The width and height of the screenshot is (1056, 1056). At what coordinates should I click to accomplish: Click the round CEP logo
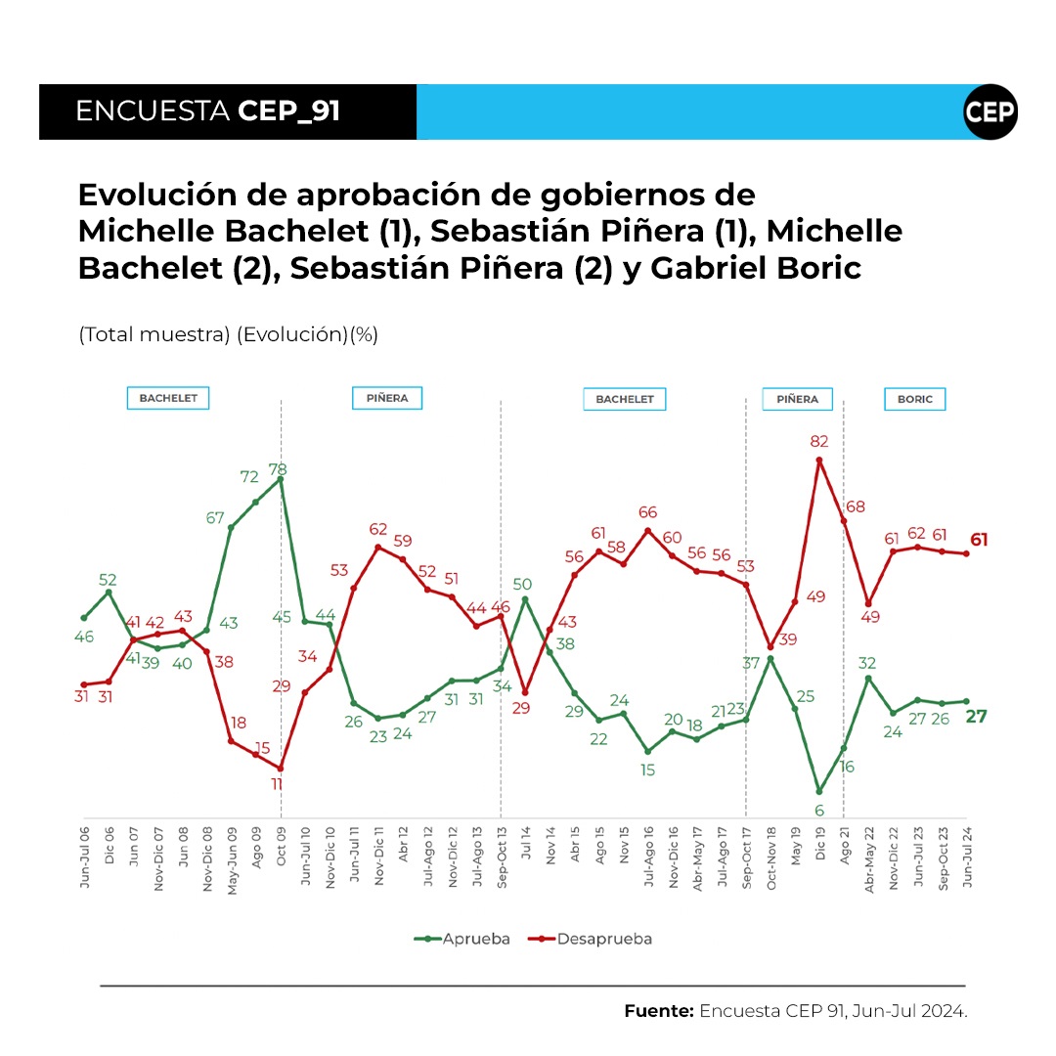click(x=990, y=111)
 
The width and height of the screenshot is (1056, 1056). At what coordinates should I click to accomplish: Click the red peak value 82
click(x=819, y=442)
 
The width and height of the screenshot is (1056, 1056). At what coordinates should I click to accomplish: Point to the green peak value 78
click(x=281, y=469)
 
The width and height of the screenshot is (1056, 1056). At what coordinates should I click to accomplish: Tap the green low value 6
click(x=819, y=810)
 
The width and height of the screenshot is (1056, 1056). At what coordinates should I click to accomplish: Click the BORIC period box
click(x=915, y=399)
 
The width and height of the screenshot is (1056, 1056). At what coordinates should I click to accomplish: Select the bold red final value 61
click(x=978, y=540)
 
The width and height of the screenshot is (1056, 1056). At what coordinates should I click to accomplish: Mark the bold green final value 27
click(x=977, y=717)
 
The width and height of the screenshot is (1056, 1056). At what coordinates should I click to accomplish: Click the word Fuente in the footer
click(x=658, y=1011)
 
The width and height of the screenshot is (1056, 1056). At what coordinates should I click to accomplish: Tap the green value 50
click(x=522, y=584)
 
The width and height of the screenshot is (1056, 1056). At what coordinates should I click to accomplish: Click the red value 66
click(x=647, y=512)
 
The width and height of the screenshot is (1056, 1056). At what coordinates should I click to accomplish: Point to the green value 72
click(x=249, y=477)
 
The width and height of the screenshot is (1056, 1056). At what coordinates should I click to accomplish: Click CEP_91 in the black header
click(x=288, y=111)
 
